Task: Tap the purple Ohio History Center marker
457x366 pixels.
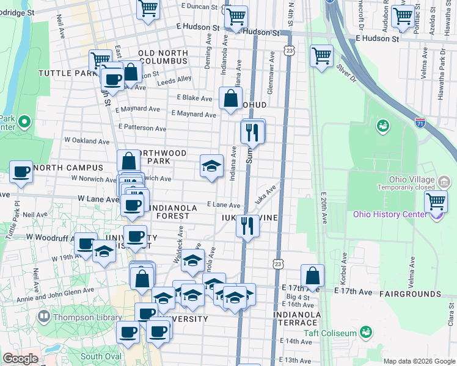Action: pyautogui.click(x=435, y=216)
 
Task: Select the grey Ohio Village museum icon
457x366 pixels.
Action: pyautogui.click(x=444, y=181)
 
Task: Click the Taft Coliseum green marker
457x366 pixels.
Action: pyautogui.click(x=366, y=332)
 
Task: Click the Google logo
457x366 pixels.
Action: pyautogui.click(x=20, y=359)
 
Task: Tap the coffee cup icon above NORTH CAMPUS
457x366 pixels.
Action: pyautogui.click(x=21, y=172)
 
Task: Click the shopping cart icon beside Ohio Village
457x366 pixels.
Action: pyautogui.click(x=436, y=201)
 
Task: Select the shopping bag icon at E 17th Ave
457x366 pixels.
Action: pyautogui.click(x=312, y=276)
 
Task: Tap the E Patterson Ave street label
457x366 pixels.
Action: pyautogui.click(x=143, y=128)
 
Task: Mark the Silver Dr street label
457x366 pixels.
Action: pyautogui.click(x=345, y=72)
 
